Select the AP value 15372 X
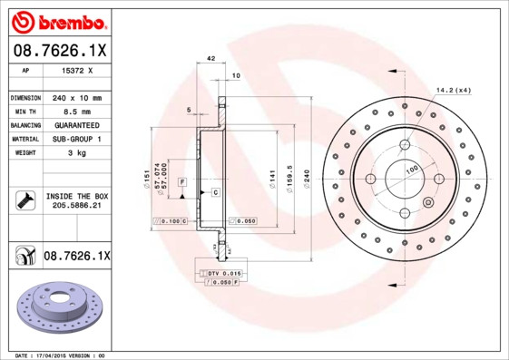[75, 69]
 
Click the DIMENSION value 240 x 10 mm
[75, 97]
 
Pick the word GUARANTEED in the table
[75, 124]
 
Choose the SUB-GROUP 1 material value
[75, 139]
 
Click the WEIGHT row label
[24, 152]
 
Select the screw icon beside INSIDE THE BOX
[24, 200]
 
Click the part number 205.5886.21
[75, 207]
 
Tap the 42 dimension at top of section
[210, 58]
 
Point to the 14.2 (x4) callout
[454, 89]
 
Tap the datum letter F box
[183, 182]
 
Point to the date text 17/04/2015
[61, 355]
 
